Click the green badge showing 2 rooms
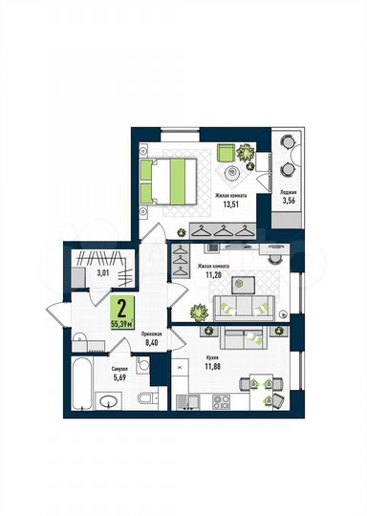pyautogui.click(x=121, y=312)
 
